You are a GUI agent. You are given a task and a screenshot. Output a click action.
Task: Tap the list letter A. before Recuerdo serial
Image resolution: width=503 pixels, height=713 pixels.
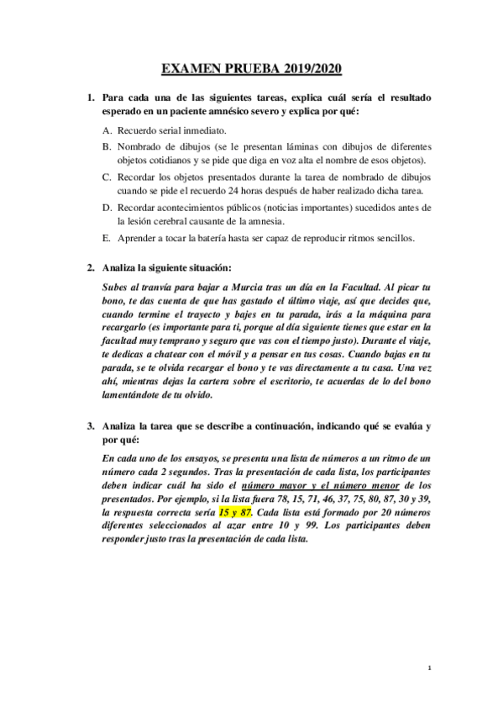pyautogui.click(x=107, y=131)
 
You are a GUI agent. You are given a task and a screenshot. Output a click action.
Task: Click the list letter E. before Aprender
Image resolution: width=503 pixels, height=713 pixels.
pyautogui.click(x=107, y=238)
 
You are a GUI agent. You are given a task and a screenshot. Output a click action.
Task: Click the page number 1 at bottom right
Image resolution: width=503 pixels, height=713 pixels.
pyautogui.click(x=429, y=668)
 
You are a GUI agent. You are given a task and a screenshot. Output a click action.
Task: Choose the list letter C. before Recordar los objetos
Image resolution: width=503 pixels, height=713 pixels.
pyautogui.click(x=107, y=177)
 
